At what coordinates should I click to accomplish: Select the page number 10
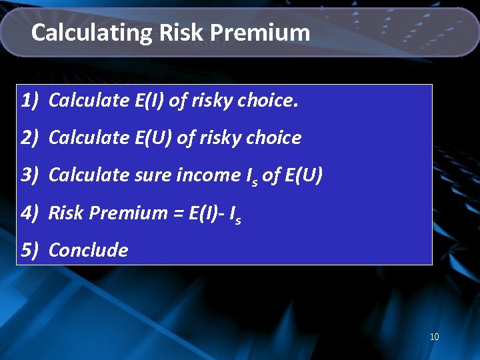434,337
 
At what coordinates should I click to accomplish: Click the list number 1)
32,101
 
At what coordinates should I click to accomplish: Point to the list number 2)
32,138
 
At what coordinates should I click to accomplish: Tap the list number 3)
32,175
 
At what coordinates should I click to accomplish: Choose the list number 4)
32,213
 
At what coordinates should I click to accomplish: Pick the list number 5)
32,251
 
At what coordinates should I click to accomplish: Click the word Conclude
88,251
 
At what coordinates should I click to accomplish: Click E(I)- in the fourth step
205,213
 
